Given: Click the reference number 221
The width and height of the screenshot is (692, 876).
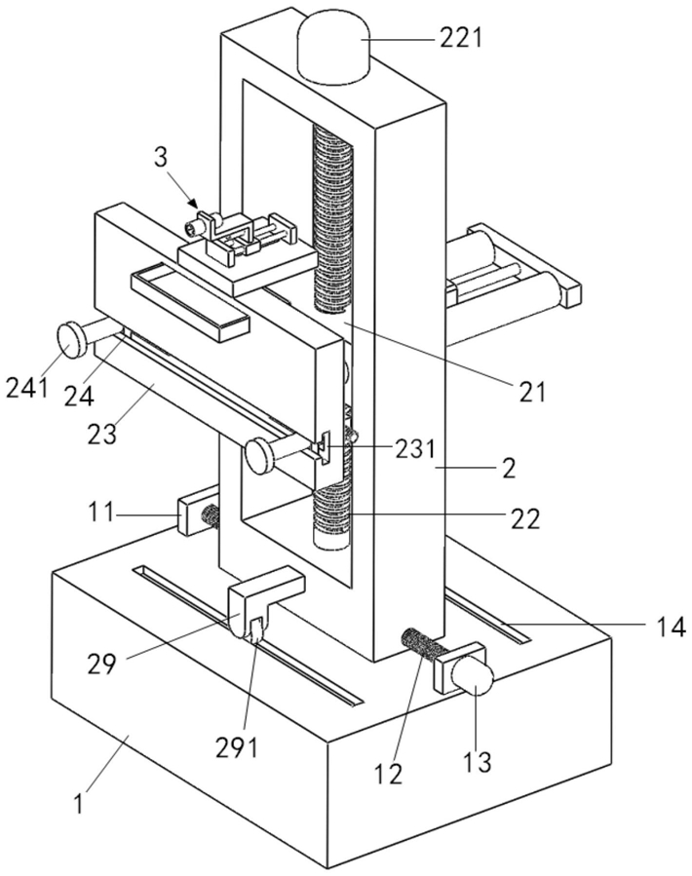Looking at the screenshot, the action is pyautogui.click(x=459, y=39).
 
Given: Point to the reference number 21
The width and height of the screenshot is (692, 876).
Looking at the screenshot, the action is pyautogui.click(x=531, y=392).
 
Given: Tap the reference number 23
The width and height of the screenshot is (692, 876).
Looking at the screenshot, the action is pyautogui.click(x=102, y=433).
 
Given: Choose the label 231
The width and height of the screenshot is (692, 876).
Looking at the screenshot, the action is pyautogui.click(x=414, y=448).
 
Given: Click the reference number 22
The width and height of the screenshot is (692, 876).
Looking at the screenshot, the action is pyautogui.click(x=525, y=519).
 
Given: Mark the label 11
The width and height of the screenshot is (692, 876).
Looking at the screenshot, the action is pyautogui.click(x=101, y=512).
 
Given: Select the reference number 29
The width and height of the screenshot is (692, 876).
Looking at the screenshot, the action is pyautogui.click(x=101, y=664).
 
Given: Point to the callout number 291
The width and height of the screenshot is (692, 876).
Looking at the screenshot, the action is pyautogui.click(x=238, y=747).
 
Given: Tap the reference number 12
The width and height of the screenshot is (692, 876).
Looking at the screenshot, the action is pyautogui.click(x=388, y=774).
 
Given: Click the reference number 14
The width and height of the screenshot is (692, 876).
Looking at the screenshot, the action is pyautogui.click(x=670, y=627).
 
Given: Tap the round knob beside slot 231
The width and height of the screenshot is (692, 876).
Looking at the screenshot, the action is pyautogui.click(x=259, y=455).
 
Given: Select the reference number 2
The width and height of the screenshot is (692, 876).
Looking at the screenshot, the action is pyautogui.click(x=508, y=468).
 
